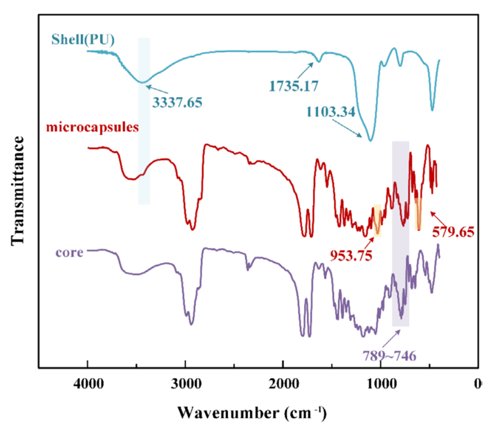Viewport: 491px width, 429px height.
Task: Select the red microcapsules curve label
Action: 93,127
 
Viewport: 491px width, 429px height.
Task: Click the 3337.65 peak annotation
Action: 177,101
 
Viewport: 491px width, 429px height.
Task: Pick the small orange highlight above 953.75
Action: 378,220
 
